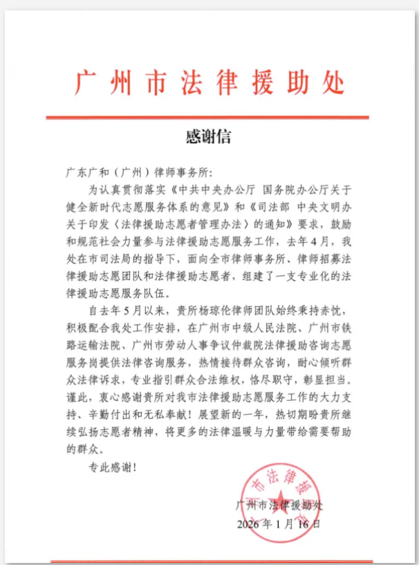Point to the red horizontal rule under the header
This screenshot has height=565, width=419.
point(209,117)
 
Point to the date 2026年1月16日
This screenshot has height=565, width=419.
point(277,523)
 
